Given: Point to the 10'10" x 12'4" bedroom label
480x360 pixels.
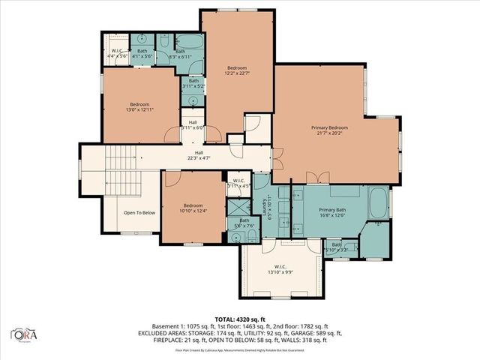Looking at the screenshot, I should (x=192, y=210).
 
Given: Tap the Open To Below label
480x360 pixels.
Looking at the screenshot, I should (x=139, y=212).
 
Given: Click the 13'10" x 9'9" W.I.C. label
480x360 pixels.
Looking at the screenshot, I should (x=280, y=269).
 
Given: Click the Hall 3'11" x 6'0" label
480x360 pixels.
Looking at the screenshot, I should (x=193, y=125).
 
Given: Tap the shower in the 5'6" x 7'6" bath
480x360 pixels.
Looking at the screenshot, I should (x=236, y=208).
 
